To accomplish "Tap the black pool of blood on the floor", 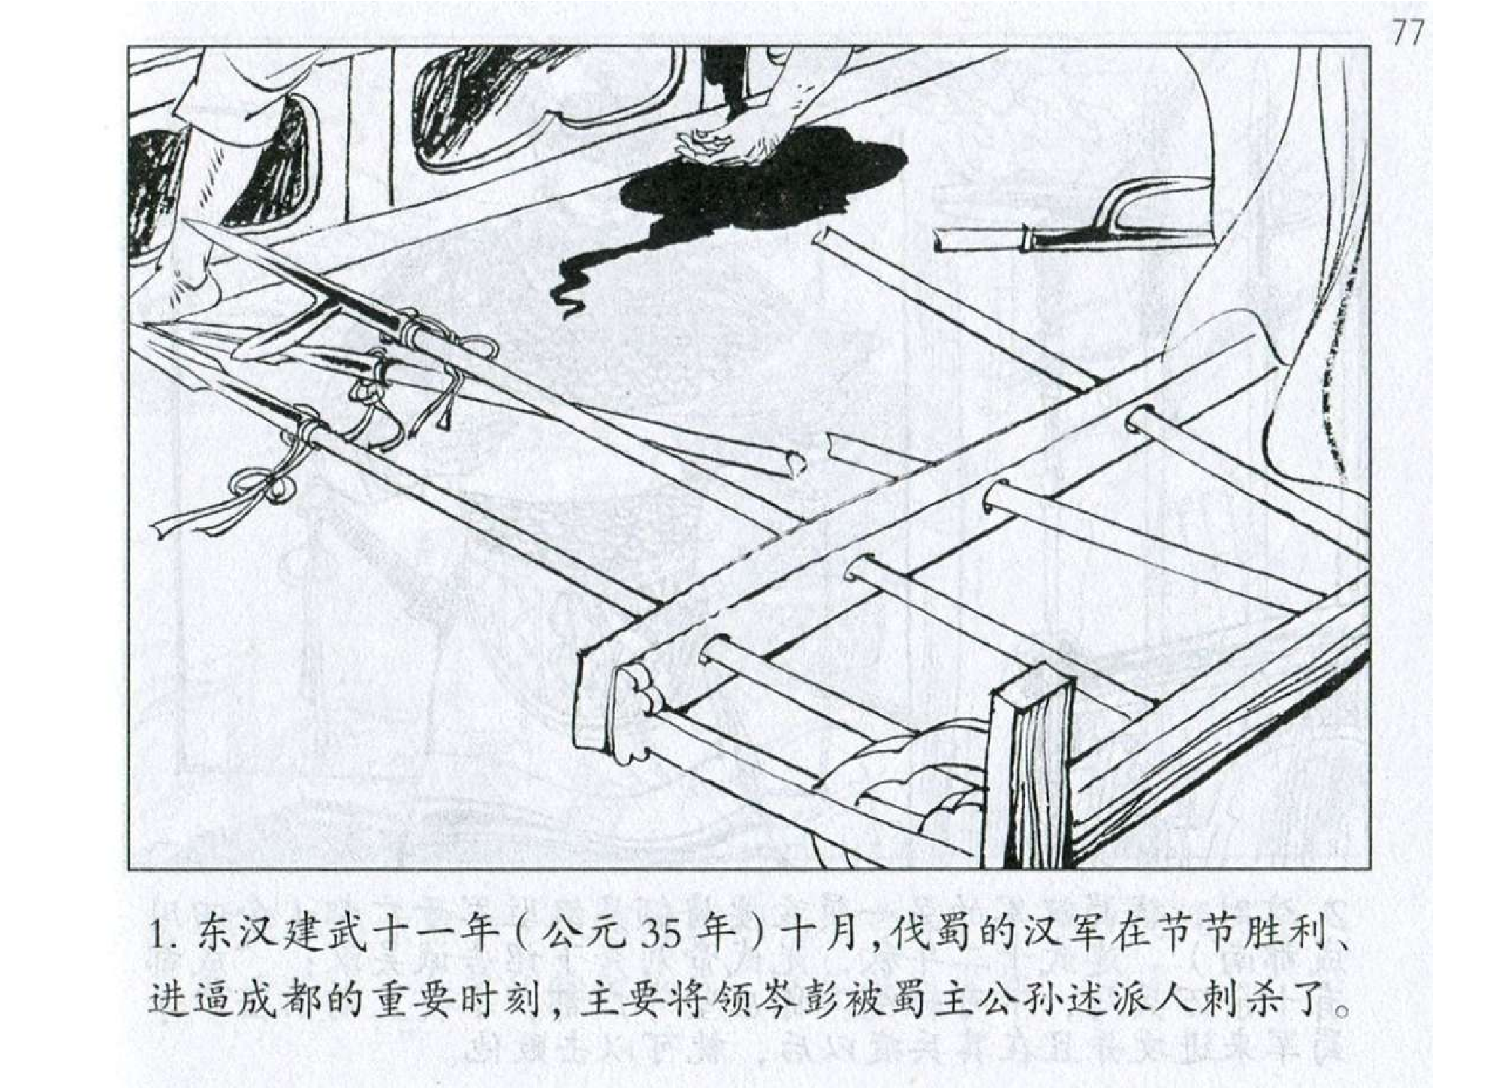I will [751, 188].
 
